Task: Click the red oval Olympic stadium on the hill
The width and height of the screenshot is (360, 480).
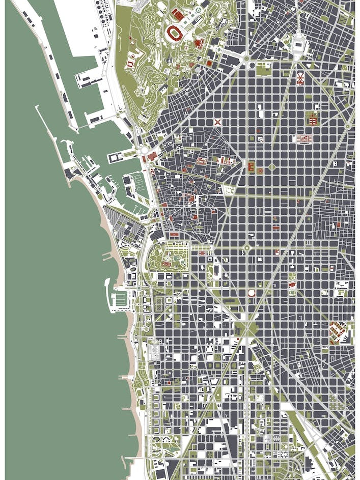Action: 176,34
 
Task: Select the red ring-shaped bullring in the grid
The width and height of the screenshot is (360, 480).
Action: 251,293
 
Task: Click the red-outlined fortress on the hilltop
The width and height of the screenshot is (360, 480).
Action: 131,64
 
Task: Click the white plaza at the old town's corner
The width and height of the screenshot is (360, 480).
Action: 230,189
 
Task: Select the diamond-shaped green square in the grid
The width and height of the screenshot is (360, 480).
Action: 272,167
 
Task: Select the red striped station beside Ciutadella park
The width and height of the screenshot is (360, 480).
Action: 204,250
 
